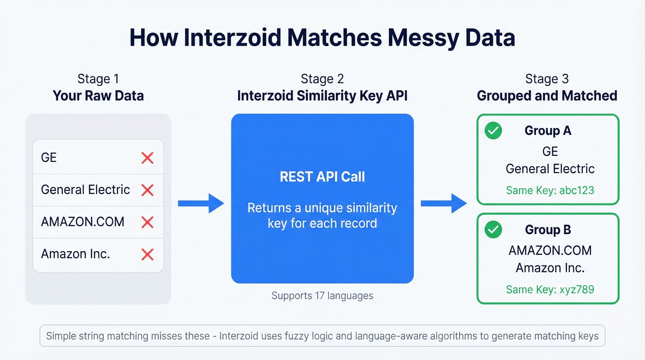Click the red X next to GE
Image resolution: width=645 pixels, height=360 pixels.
pos(147,158)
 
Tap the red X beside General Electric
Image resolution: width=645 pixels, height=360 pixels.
pos(147,190)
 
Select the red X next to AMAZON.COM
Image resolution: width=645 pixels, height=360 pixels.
pos(147,222)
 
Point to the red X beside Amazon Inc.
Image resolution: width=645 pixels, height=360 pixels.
pos(147,254)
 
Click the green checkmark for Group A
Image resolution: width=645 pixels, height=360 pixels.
pos(493,131)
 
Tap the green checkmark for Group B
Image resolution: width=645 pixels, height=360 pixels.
pos(493,230)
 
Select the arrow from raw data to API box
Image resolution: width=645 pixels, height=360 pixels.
pos(200,203)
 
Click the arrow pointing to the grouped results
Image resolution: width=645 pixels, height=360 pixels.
pos(444,203)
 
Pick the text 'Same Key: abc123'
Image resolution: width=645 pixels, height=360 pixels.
pos(550,190)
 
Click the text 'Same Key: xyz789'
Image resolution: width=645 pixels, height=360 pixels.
pos(550,289)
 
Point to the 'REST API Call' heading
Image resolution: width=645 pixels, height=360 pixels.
pos(322,177)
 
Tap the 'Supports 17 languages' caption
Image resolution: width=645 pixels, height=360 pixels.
pos(322,295)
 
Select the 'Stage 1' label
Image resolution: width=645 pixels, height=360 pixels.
pos(98,79)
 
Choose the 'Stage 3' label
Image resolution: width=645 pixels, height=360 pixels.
pos(546,79)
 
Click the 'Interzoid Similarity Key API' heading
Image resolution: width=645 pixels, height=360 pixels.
pos(322,96)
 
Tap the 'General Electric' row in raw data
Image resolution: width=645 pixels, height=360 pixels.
pos(86,190)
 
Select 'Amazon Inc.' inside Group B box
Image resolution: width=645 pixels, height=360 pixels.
pos(550,268)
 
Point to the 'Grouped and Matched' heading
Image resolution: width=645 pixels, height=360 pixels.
pos(546,96)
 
